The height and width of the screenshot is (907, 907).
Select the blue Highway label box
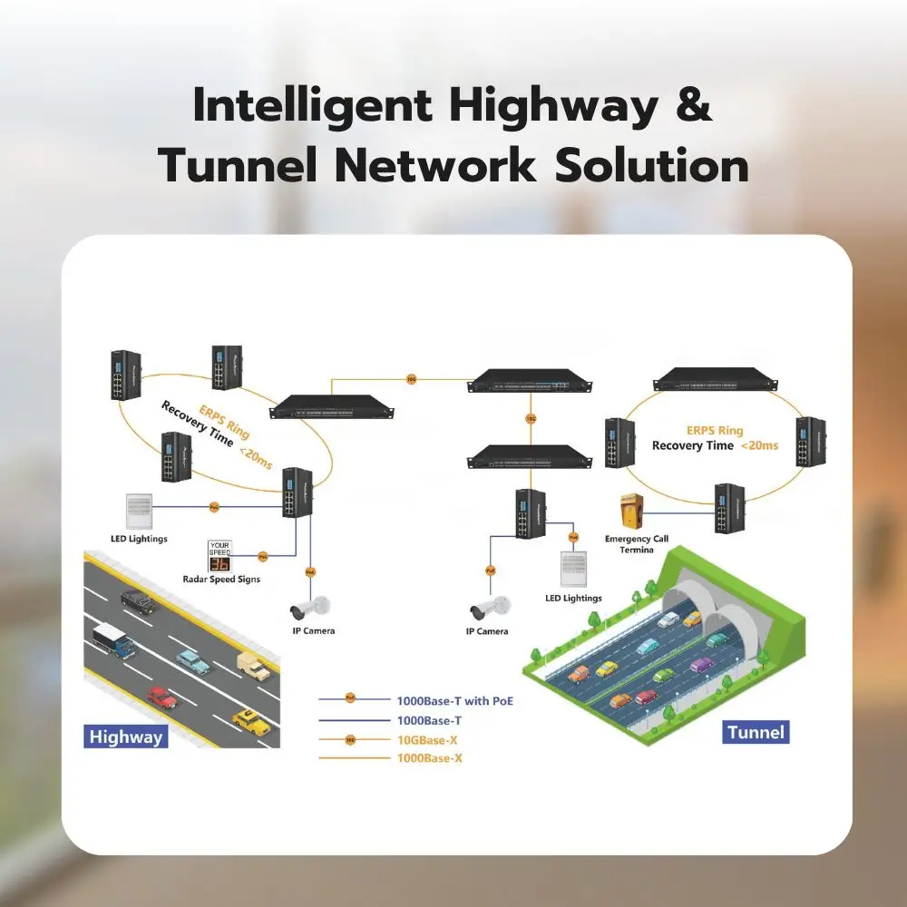pos(126,736)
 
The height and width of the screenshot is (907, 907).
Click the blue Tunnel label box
pos(756,731)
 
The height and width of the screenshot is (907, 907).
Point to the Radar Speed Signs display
pos(220,555)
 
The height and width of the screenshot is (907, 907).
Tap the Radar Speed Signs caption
pos(221,580)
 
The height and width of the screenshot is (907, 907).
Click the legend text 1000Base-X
pos(430,758)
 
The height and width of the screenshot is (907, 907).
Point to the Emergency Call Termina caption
pos(636,544)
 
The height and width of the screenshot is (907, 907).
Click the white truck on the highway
pos(113,639)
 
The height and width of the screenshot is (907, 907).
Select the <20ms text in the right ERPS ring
pos(759,445)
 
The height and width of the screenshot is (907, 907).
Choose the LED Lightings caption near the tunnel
pos(573,598)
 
